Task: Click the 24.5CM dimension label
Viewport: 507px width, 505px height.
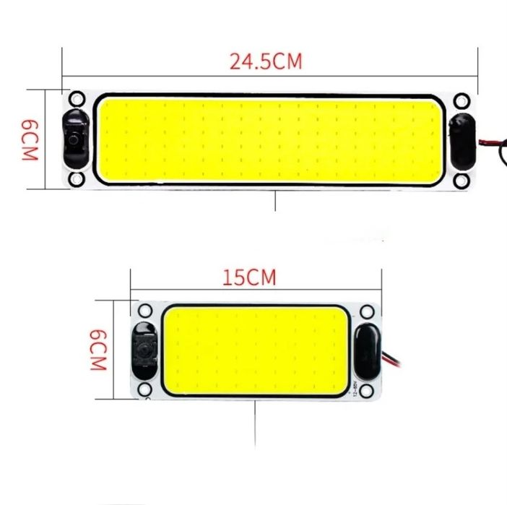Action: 266,61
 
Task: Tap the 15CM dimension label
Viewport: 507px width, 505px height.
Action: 249,277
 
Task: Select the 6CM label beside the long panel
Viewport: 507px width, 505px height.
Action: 30,140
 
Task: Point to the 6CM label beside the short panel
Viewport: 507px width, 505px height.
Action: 98,350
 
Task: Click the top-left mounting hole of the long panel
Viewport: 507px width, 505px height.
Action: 77,99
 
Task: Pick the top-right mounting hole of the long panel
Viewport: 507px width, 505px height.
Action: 461,100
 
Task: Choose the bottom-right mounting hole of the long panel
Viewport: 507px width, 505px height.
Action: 461,181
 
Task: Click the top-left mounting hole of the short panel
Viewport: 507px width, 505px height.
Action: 145,311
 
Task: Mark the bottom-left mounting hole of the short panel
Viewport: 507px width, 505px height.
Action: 144,389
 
